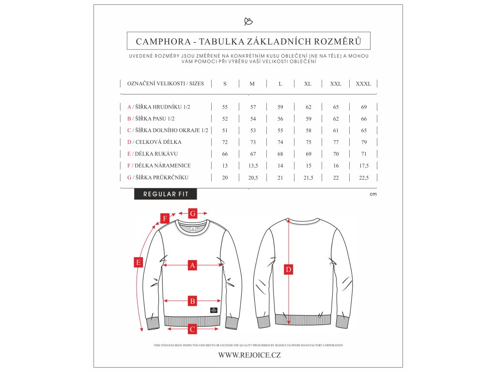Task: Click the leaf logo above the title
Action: [248, 21]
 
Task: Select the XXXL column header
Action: [363, 84]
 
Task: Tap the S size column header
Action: [225, 84]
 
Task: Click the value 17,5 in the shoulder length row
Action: [363, 166]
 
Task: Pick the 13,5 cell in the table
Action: [252, 166]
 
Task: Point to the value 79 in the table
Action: [363, 142]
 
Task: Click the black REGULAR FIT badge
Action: [166, 194]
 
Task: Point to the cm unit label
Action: [373, 194]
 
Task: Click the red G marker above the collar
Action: [192, 213]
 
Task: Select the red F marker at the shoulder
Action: [165, 218]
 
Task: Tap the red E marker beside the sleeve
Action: [139, 263]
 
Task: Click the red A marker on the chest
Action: [192, 265]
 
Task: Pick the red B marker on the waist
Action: [192, 301]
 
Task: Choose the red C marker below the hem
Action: [192, 329]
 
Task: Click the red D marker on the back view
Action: [289, 270]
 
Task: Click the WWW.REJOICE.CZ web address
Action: [249, 355]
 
